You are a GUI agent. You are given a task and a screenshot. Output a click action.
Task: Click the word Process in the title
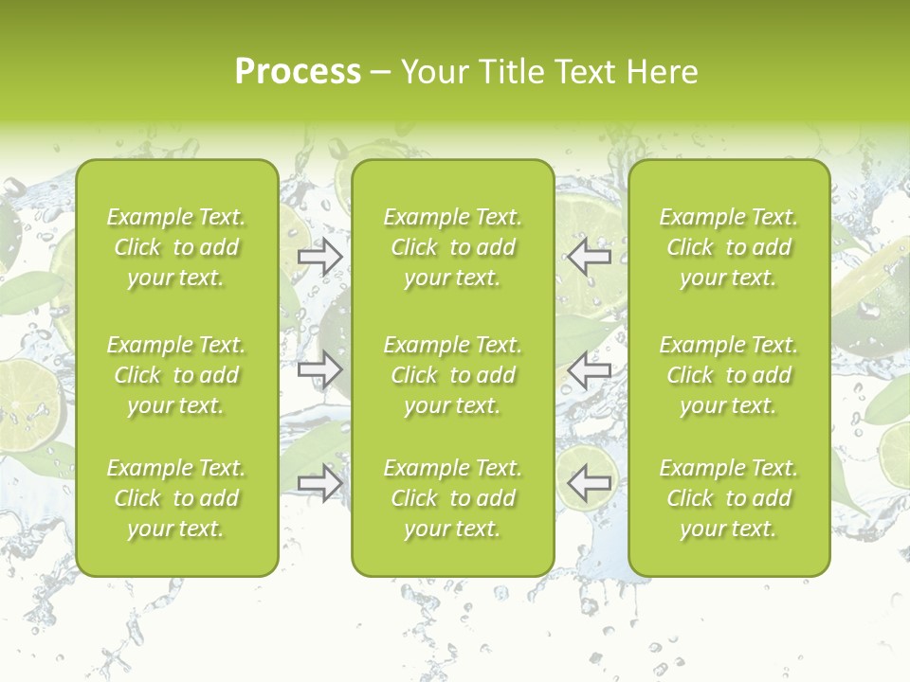298,72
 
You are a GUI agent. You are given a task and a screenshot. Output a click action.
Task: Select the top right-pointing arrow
320,257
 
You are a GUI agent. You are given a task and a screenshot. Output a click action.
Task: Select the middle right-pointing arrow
320,370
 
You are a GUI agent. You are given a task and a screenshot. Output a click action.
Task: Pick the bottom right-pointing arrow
320,484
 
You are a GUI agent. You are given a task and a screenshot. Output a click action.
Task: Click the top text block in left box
176,247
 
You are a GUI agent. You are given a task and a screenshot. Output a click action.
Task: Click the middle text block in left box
176,375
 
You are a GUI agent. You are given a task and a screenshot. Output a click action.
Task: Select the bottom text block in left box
176,498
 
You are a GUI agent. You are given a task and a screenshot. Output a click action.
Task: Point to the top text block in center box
452,247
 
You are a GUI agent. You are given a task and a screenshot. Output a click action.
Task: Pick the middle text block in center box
452,375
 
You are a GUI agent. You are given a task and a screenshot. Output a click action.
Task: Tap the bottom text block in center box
452,498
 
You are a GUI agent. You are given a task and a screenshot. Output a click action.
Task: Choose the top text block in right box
729,247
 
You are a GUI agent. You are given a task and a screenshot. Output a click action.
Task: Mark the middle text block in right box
729,375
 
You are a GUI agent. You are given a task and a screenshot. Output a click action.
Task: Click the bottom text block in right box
729,498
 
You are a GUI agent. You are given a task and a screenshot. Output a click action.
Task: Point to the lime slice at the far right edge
895,456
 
